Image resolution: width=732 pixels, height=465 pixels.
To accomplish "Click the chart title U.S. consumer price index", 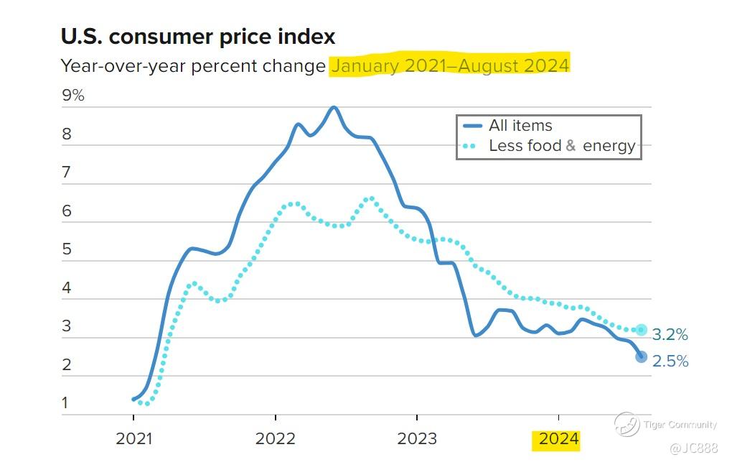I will tap(197, 37).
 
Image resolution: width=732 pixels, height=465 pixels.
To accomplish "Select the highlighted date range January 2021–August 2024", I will tap(449, 65).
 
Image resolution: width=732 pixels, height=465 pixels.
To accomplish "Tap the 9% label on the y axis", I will tap(73, 95).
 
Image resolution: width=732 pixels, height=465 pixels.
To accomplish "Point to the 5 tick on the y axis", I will tap(66, 249).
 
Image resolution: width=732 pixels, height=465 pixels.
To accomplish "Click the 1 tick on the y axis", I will tap(65, 402).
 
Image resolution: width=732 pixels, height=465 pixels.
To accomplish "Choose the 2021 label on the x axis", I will tap(134, 439).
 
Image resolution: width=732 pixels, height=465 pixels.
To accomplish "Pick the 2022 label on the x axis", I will tap(276, 439).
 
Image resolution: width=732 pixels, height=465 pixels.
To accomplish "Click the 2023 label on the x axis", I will tap(417, 439).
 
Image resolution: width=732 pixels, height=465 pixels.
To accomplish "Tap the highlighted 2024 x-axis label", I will tap(558, 439).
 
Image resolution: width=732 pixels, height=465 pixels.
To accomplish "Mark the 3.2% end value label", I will tap(670, 335).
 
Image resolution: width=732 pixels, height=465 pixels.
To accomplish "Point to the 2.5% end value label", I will tap(670, 362).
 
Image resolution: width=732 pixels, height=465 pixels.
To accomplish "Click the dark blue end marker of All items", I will tap(641, 356).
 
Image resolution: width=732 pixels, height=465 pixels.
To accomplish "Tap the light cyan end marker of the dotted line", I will tap(641, 330).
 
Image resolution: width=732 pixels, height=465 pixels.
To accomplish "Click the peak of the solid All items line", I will tap(333, 107).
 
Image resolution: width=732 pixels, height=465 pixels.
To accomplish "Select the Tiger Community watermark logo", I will tap(627, 424).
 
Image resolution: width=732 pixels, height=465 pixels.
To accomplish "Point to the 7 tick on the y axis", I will tap(66, 172).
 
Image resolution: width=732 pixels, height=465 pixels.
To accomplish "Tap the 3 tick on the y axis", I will tap(66, 326).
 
